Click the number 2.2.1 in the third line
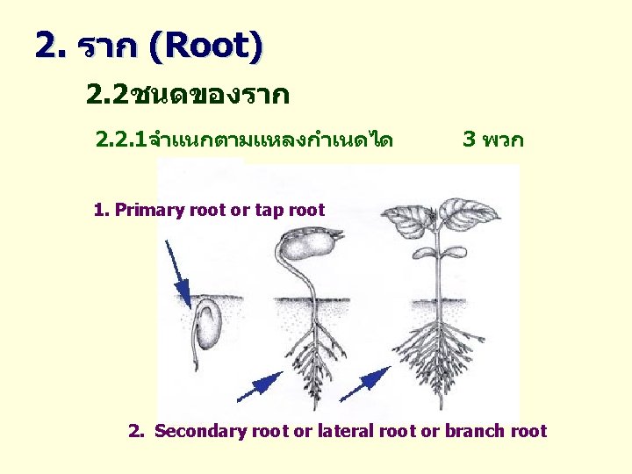(122, 139)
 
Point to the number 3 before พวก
(469, 139)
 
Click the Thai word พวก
(503, 139)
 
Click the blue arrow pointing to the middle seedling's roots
(259, 387)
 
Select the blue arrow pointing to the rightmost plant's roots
(364, 387)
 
